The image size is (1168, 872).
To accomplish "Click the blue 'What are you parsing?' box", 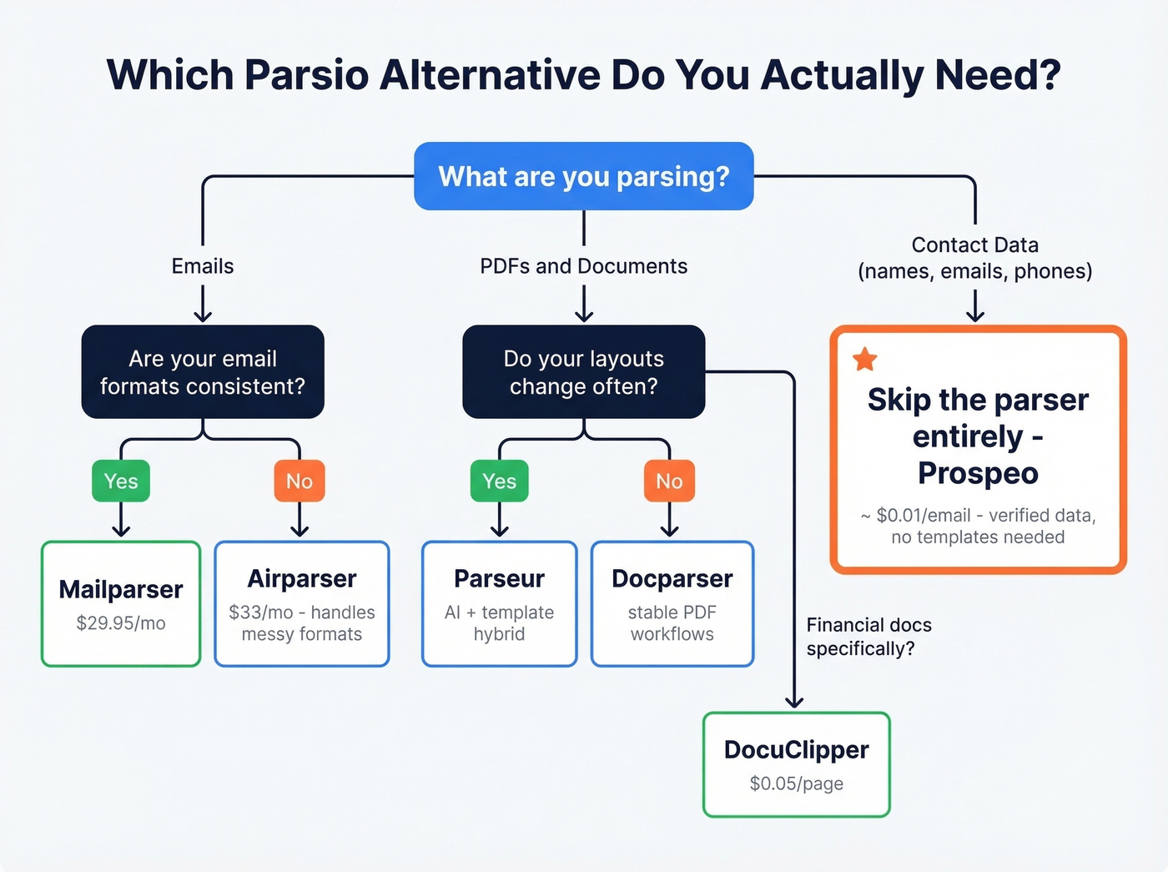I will (x=584, y=176).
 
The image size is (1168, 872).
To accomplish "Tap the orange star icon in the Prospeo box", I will (x=865, y=360).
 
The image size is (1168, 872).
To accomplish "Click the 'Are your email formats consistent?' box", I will (x=203, y=372).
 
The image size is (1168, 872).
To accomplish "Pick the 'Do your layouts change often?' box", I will (x=584, y=372).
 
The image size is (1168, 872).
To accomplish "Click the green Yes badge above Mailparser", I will (x=121, y=481).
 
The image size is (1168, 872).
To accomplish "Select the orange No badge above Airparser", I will (x=300, y=481).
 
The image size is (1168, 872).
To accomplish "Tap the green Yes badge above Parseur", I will (x=499, y=481).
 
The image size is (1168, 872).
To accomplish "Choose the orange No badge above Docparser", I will (x=669, y=481).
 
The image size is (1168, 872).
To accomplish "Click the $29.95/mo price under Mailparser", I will (x=121, y=623).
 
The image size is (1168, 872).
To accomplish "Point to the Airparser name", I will (x=302, y=578).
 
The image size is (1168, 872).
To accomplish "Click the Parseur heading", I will (x=499, y=578).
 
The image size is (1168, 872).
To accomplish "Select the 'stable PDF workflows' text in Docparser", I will (x=672, y=623).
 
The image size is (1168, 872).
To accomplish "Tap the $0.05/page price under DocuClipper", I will (x=797, y=784).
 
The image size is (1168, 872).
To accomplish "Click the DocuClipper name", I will (x=797, y=749).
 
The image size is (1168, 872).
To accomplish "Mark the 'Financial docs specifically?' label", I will (x=868, y=637).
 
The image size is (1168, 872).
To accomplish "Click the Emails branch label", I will (x=203, y=266).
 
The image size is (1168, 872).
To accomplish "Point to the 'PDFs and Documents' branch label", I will (x=584, y=266).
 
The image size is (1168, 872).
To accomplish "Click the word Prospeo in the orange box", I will (x=978, y=473).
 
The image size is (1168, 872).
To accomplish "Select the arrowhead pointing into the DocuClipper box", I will (x=794, y=703).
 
